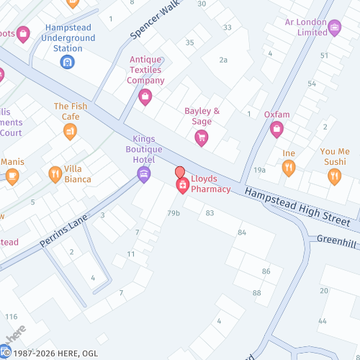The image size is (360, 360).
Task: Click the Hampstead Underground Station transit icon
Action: [x=67, y=63]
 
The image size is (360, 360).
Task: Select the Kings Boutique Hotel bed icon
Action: [x=143, y=173]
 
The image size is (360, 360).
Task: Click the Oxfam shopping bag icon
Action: [x=276, y=130]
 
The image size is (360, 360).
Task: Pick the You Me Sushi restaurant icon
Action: [x=334, y=175]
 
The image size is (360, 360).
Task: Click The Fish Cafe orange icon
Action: [x=70, y=130]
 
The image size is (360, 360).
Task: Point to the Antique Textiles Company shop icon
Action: [x=145, y=96]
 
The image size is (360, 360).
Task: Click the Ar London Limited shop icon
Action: [x=334, y=27]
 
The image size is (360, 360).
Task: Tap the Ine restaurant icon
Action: [x=289, y=168]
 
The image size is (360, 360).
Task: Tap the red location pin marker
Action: [x=180, y=173]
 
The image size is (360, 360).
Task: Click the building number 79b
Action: [x=174, y=213]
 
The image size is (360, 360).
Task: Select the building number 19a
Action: [x=259, y=170]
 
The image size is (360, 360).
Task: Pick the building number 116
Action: [x=11, y=317]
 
